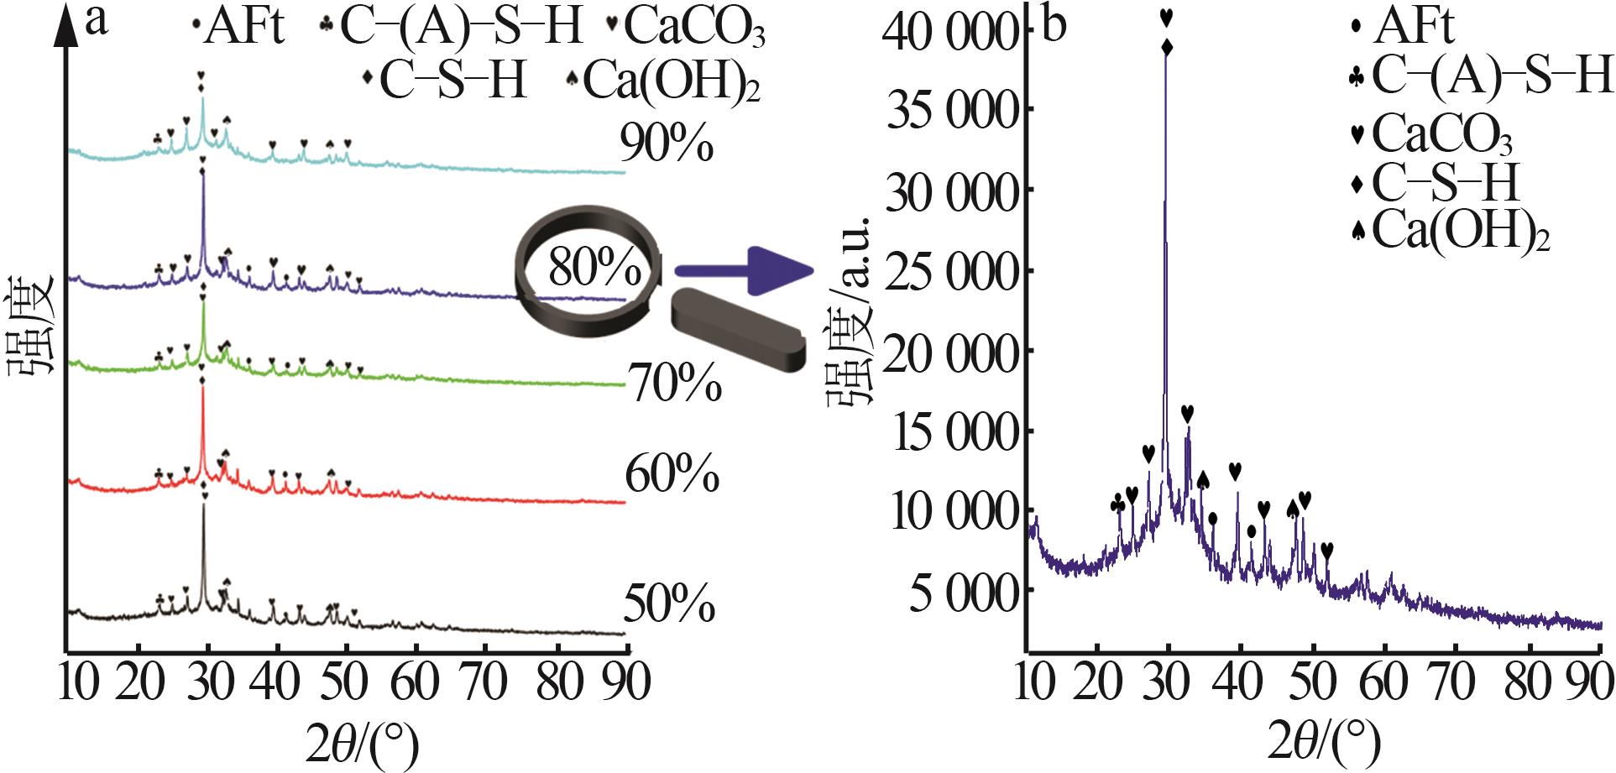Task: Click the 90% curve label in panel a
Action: [667, 144]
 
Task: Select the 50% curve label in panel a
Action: [669, 604]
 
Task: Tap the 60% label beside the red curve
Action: [672, 475]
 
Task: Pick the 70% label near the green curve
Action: [673, 385]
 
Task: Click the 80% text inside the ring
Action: [594, 269]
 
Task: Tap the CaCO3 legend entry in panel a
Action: [686, 28]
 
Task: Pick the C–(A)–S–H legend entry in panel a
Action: [451, 28]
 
